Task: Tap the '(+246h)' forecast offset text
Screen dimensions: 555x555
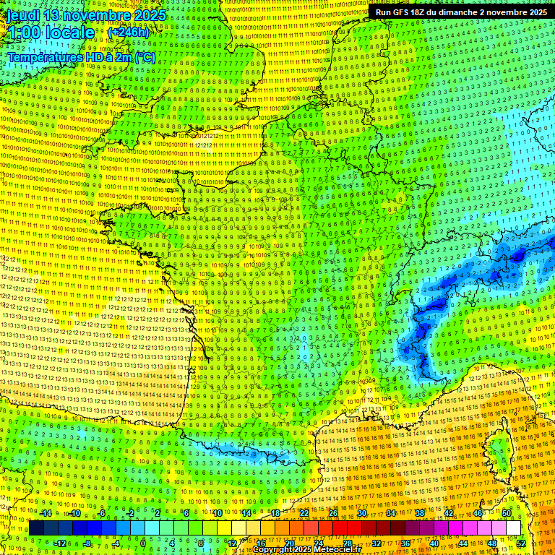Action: pos(128,33)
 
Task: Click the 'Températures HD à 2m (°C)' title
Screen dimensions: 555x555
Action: pos(81,57)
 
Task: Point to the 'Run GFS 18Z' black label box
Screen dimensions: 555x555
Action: pos(460,12)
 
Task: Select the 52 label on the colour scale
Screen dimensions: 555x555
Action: pos(520,543)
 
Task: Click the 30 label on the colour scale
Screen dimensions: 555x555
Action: pos(361,513)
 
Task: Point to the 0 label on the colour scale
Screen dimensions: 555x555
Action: pos(143,543)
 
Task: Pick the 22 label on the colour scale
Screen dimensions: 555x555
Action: pos(304,513)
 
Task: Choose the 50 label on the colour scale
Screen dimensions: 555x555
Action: pos(506,513)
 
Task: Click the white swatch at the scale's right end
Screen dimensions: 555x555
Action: pos(513,528)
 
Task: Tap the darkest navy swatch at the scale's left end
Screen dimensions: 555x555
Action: pos(36,528)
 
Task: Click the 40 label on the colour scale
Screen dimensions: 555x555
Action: pos(434,543)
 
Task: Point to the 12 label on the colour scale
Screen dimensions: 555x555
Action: pos(231,543)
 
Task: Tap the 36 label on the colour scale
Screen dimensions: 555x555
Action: pos(405,543)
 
